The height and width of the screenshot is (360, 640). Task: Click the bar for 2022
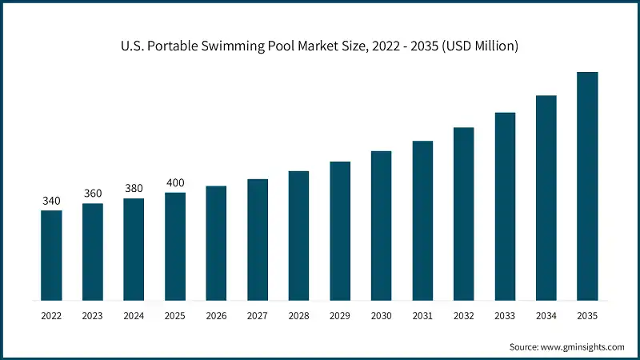(51, 256)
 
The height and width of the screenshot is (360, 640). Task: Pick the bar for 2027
(258, 240)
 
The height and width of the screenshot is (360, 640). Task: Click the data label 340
(51, 201)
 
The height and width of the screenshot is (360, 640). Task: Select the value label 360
(93, 194)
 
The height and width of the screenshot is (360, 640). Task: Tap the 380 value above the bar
(134, 189)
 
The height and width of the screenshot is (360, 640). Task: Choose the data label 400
(175, 182)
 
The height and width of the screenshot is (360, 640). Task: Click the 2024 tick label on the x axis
(134, 316)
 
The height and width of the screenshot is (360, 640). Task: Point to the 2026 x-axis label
(216, 316)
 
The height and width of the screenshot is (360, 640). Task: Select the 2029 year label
(340, 316)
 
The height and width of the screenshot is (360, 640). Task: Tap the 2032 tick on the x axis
(464, 316)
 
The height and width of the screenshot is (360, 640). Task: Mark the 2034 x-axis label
(546, 316)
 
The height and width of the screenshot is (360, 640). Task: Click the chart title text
(320, 46)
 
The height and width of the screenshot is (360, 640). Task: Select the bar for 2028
(298, 236)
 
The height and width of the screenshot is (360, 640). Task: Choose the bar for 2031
(422, 221)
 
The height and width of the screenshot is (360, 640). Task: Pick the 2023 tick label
(93, 316)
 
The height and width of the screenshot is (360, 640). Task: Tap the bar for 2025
(175, 246)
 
